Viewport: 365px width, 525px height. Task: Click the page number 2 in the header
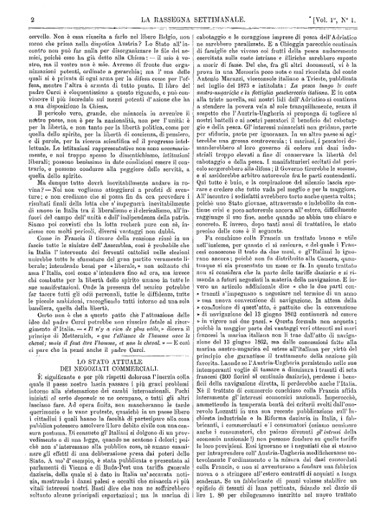click(x=14, y=9)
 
